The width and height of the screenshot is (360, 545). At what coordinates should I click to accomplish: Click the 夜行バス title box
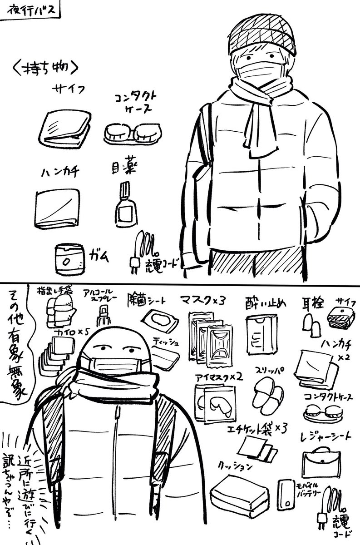(x=30, y=10)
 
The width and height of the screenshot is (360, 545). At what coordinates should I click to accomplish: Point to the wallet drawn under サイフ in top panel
(x=65, y=128)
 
